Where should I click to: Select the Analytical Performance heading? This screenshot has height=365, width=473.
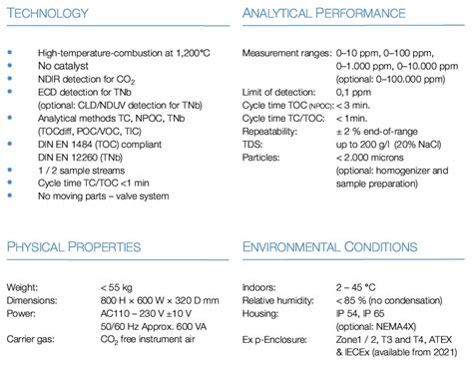coord(324,16)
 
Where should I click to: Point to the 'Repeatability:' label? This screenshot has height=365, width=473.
coord(271,130)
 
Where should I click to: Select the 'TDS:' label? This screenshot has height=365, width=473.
coord(253,144)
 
